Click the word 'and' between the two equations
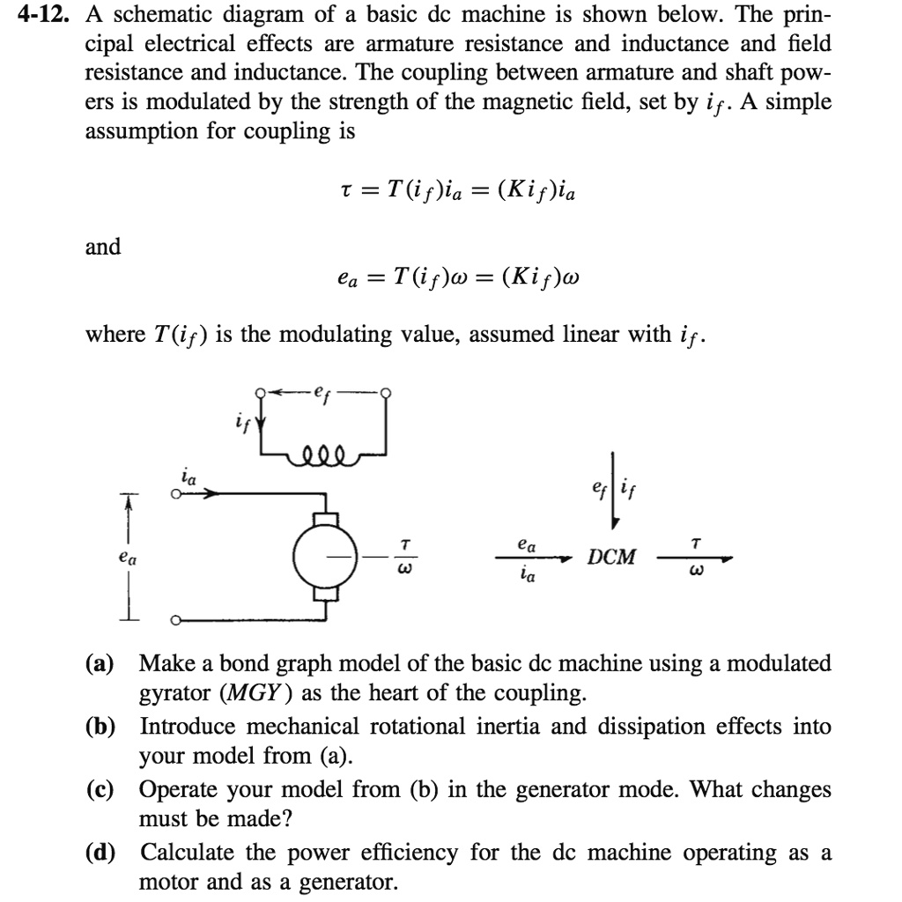(103, 247)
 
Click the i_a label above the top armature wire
(188, 478)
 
